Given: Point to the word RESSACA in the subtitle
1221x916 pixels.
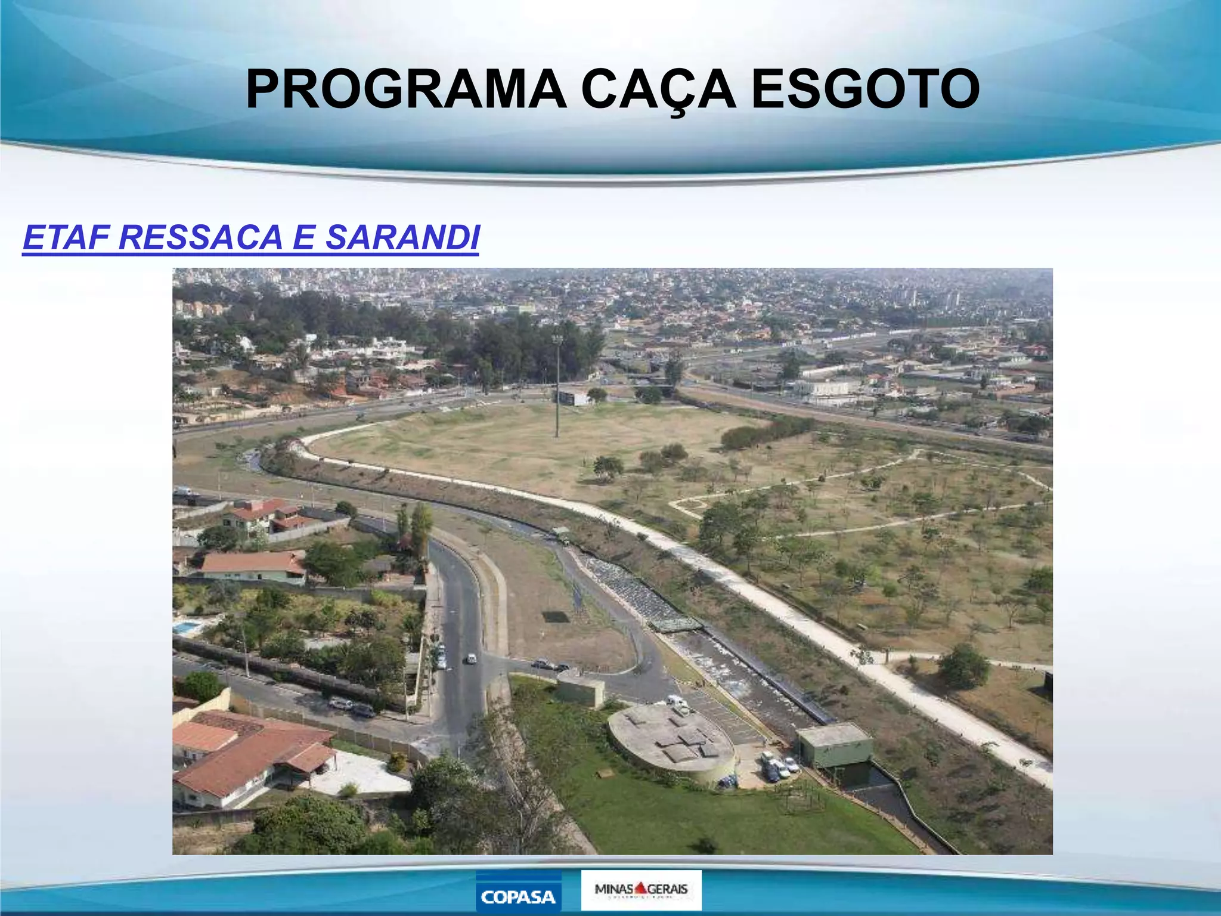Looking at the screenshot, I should (x=200, y=237).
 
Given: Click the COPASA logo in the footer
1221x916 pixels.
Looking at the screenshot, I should (x=517, y=892).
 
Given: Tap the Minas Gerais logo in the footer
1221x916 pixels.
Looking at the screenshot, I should (x=641, y=890).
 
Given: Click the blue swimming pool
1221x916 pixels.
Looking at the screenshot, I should (x=187, y=628).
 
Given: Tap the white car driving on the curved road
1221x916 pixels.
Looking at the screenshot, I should (x=470, y=658).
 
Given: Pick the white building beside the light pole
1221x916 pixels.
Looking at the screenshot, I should (x=573, y=398).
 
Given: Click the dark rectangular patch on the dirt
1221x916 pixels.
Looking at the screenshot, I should (x=556, y=616).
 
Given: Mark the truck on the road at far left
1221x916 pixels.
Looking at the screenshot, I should (x=182, y=491).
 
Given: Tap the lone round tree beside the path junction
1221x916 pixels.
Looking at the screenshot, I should (x=963, y=667).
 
